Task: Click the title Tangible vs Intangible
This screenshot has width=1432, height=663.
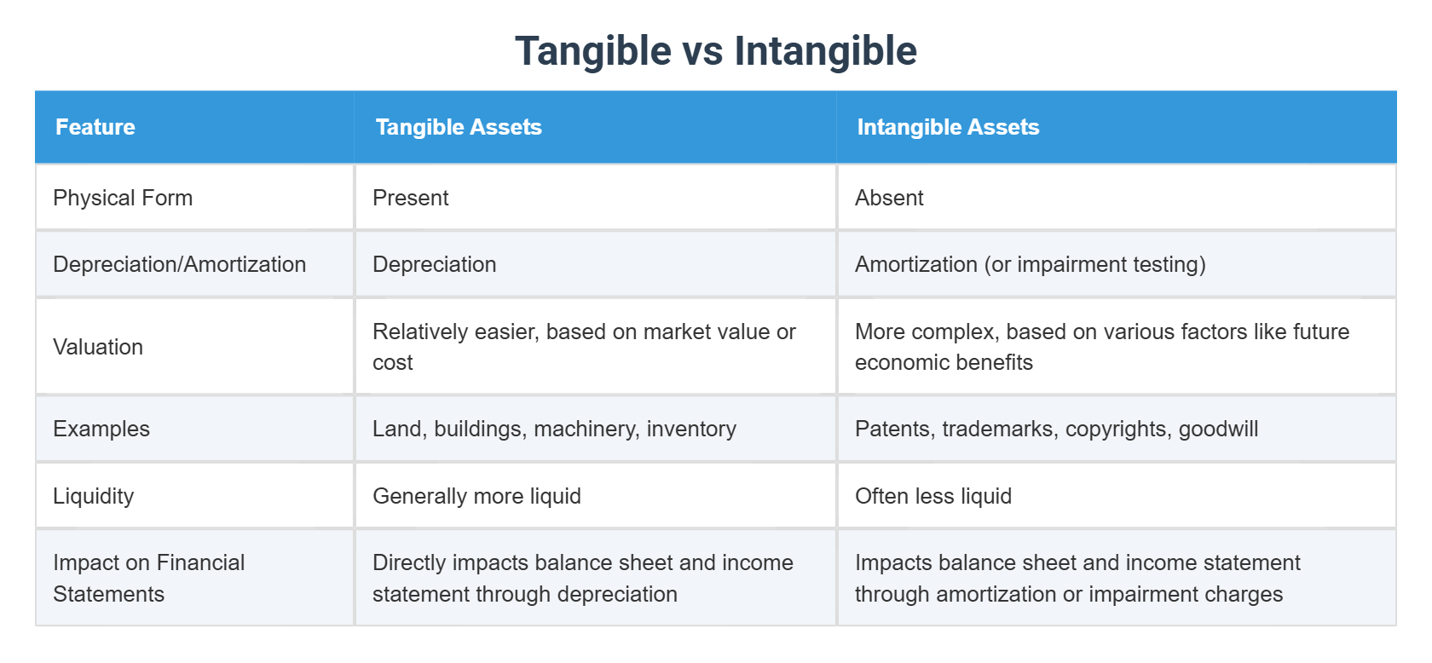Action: [715, 51]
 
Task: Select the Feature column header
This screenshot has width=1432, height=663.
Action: [95, 128]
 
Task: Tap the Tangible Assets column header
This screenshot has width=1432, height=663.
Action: [459, 128]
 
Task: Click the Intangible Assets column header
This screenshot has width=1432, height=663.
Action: [948, 128]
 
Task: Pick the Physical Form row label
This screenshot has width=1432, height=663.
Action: [123, 198]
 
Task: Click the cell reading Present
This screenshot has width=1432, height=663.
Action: [411, 198]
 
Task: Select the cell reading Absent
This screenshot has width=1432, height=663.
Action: [889, 198]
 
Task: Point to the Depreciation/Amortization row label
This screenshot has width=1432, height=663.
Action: [179, 264]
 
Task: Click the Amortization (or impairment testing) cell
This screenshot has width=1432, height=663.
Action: [1030, 264]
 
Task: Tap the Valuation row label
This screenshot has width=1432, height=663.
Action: [98, 347]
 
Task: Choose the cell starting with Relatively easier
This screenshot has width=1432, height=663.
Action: [584, 346]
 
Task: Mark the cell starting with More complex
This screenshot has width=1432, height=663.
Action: [1101, 346]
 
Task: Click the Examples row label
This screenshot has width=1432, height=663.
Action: [101, 429]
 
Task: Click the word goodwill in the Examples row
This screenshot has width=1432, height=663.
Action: [1218, 429]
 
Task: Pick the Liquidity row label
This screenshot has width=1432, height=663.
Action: [94, 496]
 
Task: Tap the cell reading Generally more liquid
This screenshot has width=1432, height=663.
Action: [476, 496]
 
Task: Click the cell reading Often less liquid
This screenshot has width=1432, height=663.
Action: [933, 496]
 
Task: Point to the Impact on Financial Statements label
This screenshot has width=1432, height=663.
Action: [149, 578]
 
